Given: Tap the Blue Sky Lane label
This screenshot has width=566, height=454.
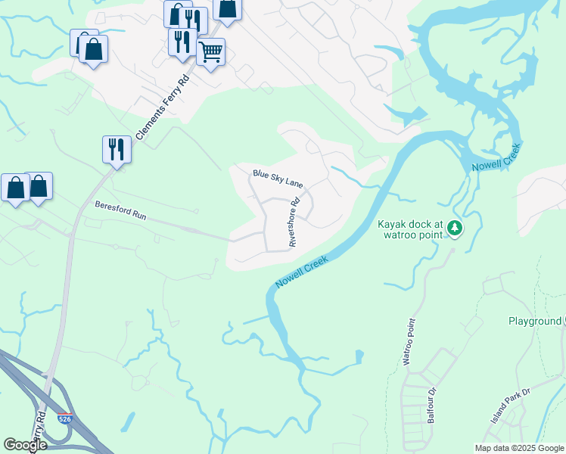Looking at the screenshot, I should [278, 179].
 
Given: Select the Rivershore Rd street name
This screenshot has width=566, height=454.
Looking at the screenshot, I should [295, 222].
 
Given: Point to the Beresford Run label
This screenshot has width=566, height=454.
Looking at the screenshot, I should [120, 210].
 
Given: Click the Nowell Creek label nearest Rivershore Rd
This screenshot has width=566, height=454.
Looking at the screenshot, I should [302, 272].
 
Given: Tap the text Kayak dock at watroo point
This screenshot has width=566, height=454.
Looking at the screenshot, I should [409, 230].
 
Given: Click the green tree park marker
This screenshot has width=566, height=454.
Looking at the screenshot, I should [454, 227].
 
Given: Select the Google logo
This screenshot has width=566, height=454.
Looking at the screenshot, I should [25, 445].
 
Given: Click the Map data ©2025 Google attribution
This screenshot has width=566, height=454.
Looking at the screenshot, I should [520, 448].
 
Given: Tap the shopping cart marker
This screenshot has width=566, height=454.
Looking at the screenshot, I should [210, 53].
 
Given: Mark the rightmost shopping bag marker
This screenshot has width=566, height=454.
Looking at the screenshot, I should [227, 9].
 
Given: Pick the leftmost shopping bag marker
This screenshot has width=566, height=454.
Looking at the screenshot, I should [15, 188].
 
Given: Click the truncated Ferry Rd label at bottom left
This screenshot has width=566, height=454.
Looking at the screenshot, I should [39, 428].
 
